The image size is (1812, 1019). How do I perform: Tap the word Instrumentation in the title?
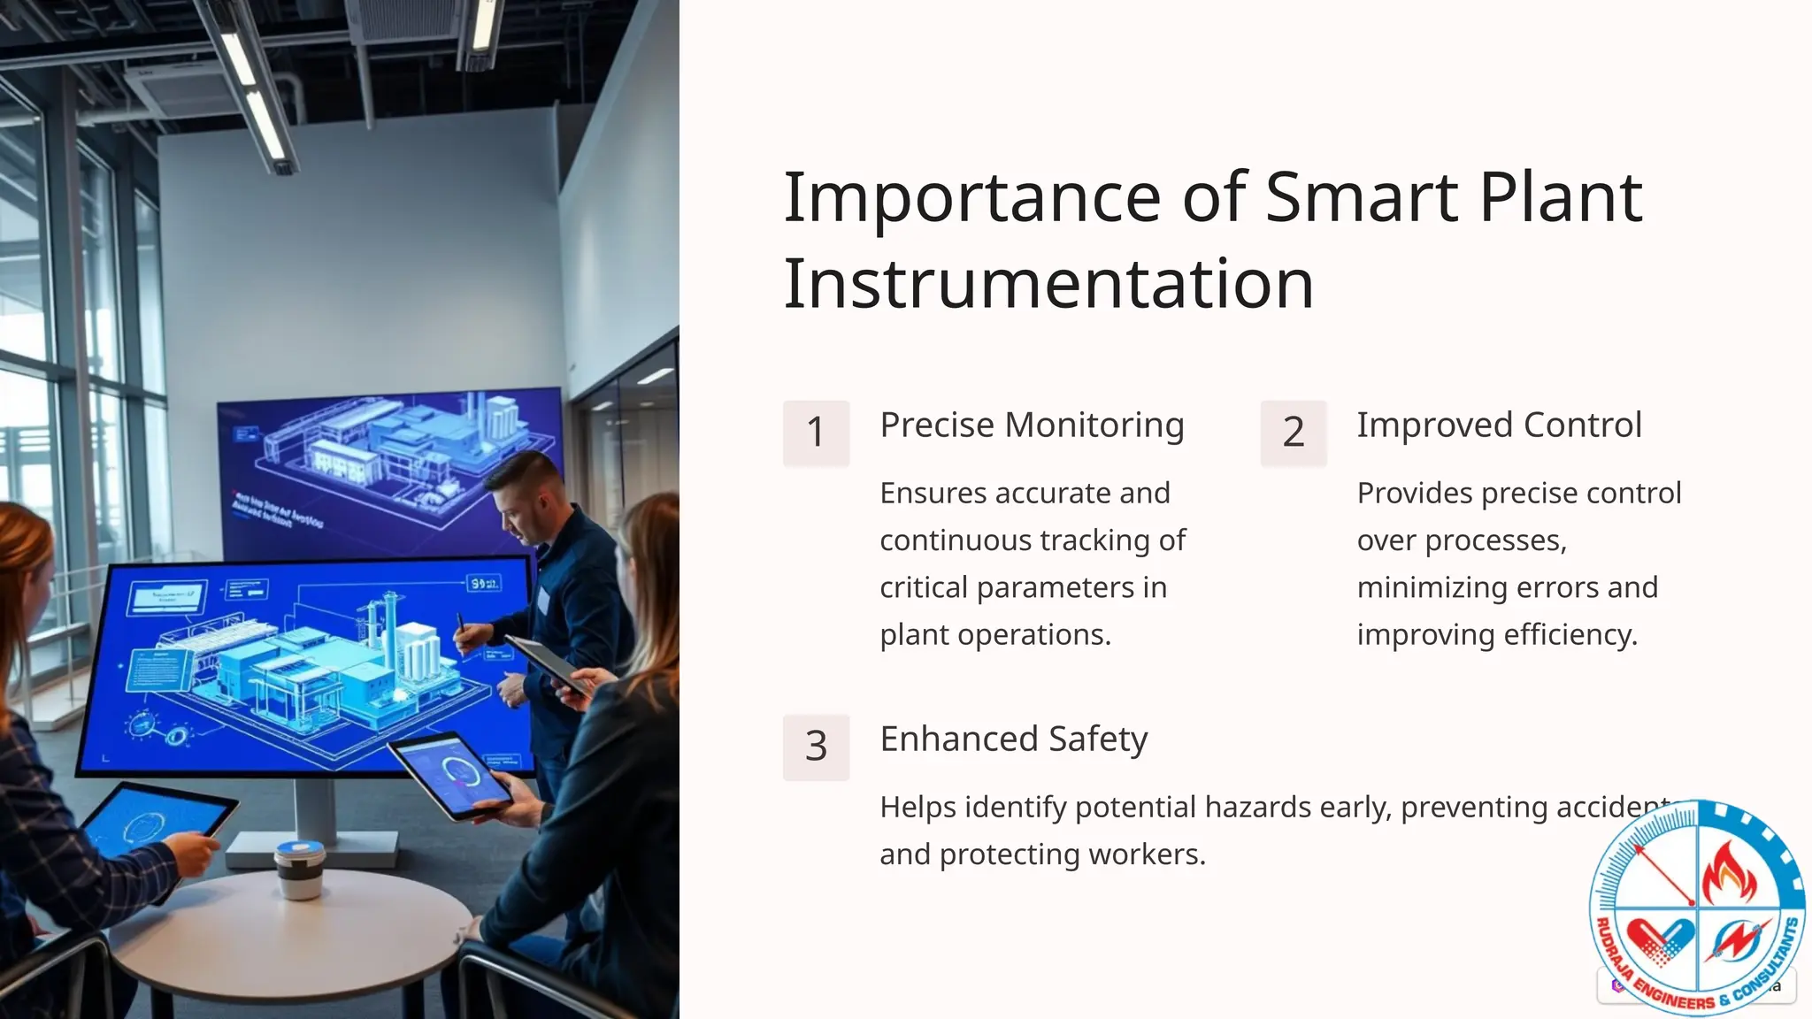(1048, 284)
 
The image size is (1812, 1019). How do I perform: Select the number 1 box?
(816, 433)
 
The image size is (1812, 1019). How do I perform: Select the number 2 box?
(1293, 433)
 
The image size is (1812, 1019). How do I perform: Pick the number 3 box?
(816, 747)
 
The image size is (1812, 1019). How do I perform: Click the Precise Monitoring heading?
(1032, 425)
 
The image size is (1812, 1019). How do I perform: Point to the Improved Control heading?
(1499, 425)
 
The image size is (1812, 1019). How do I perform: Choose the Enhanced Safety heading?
(1013, 739)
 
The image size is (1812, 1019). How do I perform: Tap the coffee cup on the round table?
(300, 869)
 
